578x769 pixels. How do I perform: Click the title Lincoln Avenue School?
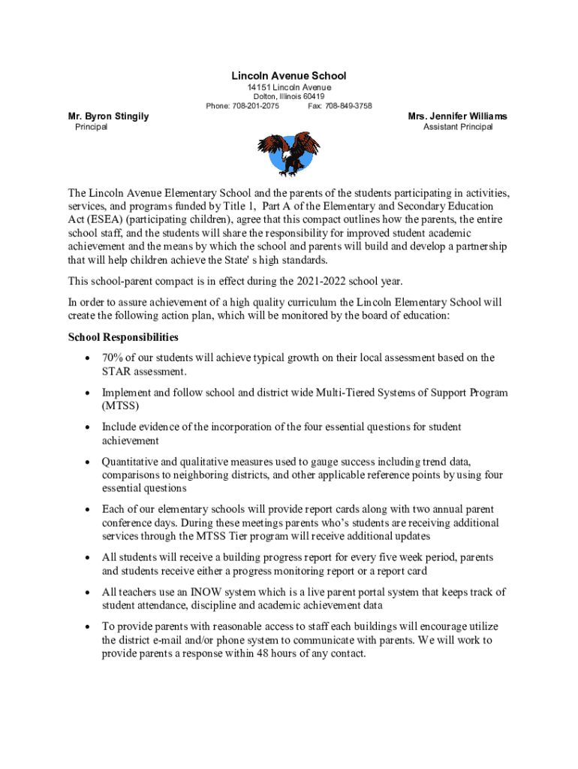coord(289,76)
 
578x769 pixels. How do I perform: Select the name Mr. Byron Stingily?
coord(108,116)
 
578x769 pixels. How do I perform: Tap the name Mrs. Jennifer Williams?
coord(457,116)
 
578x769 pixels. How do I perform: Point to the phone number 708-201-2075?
coord(255,106)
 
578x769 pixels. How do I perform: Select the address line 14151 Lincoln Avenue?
coord(289,88)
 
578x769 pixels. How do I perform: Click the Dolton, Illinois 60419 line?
coord(289,97)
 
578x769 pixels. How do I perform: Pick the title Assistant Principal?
coord(458,127)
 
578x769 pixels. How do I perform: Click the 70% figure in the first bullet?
coord(113,358)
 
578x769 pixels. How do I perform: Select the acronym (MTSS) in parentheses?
coord(121,406)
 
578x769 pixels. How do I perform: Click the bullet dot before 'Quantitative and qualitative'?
coord(87,462)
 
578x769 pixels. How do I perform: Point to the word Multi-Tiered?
coord(348,393)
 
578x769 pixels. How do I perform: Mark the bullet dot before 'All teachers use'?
coord(87,593)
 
